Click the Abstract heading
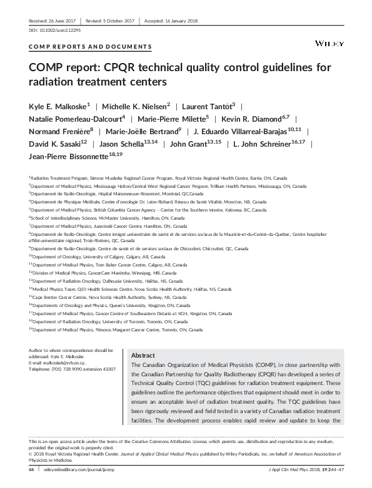pos(143,354)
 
